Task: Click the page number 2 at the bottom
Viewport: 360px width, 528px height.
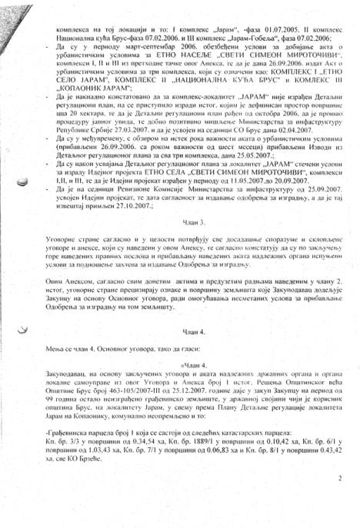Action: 338,499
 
